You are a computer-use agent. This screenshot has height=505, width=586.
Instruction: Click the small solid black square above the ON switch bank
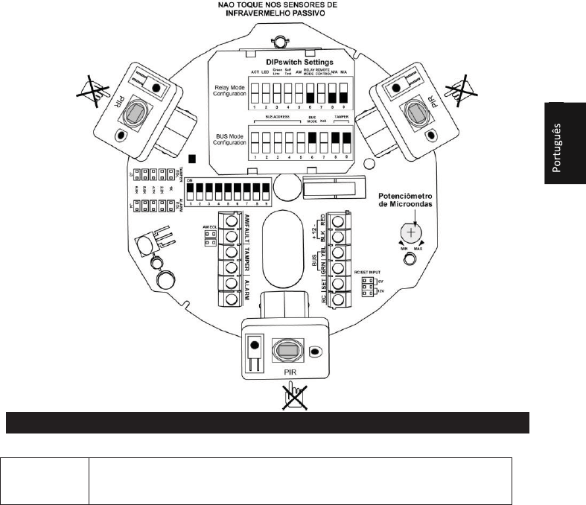click(x=192, y=158)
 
